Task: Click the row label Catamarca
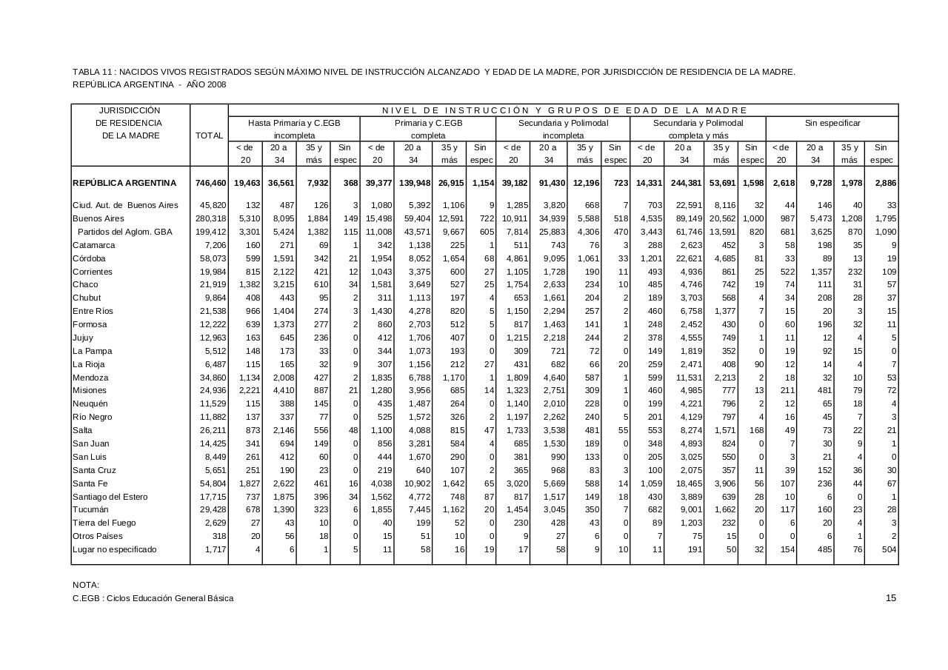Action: pyautogui.click(x=93, y=245)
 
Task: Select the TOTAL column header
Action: pyautogui.click(x=209, y=135)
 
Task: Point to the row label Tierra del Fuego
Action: pyautogui.click(x=104, y=523)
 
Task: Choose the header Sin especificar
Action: pyautogui.click(x=832, y=123)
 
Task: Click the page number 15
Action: pyautogui.click(x=891, y=598)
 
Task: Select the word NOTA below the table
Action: pyautogui.click(x=86, y=585)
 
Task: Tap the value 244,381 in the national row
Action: pyautogui.click(x=685, y=183)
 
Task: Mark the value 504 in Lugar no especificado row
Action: pyautogui.click(x=889, y=549)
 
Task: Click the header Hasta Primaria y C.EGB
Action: pyautogui.click(x=294, y=123)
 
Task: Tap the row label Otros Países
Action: pyautogui.click(x=97, y=536)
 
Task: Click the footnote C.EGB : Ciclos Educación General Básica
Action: pyautogui.click(x=153, y=598)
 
